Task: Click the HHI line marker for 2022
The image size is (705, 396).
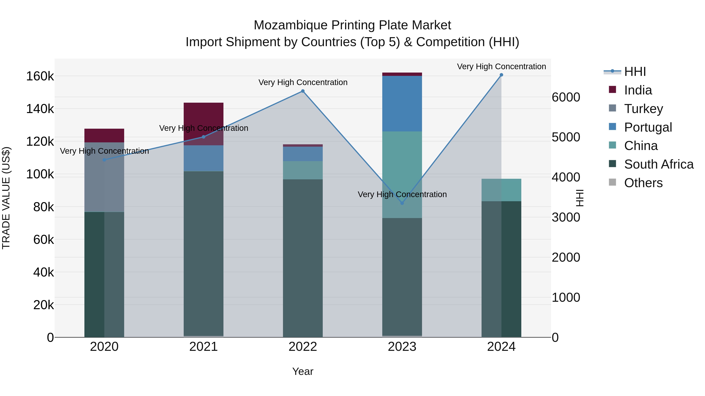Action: tap(303, 91)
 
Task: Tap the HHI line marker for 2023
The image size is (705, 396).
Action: tap(402, 203)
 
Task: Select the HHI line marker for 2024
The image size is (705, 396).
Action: tap(501, 75)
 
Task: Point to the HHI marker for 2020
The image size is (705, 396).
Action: tap(104, 160)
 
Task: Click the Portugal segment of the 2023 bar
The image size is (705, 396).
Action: tap(402, 104)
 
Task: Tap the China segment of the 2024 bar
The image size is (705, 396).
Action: tap(501, 190)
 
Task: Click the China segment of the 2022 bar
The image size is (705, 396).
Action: tap(303, 170)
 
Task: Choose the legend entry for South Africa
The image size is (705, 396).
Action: tap(658, 164)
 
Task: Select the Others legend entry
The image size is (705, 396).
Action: tap(643, 183)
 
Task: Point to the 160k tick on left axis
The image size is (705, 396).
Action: tap(40, 76)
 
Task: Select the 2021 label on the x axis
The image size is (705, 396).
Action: tap(203, 347)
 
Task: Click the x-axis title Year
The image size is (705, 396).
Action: tap(303, 371)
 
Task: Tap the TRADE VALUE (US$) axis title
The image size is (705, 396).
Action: tap(6, 198)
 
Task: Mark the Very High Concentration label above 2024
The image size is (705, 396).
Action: tap(501, 66)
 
